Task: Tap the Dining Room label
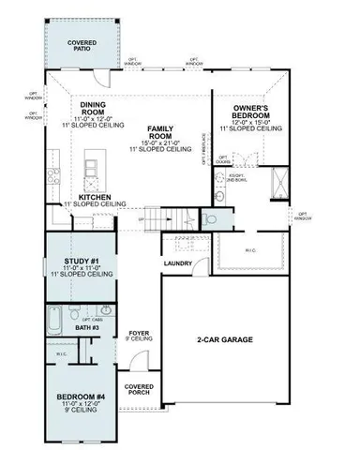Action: click(97, 108)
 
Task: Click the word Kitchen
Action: click(96, 197)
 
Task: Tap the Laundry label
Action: click(178, 263)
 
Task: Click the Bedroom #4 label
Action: click(84, 396)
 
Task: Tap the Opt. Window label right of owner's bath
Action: click(303, 217)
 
